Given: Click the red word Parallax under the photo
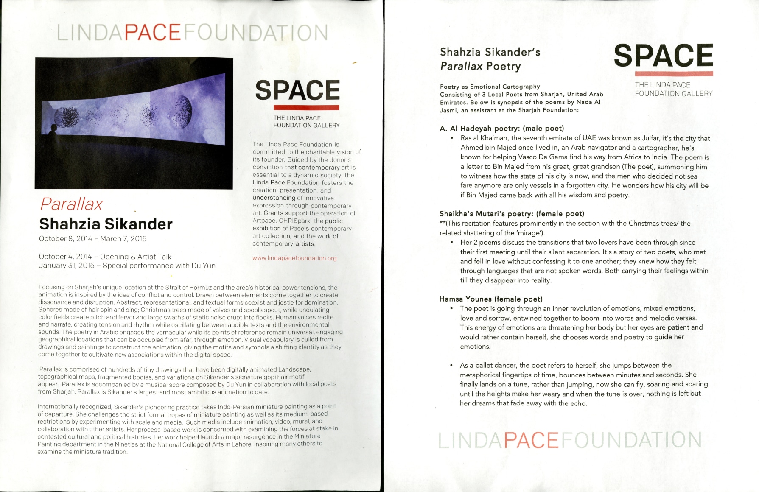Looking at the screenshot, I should click(x=71, y=204).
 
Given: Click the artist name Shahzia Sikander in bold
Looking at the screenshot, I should click(x=106, y=224).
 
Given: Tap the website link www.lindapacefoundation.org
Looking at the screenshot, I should click(x=294, y=258).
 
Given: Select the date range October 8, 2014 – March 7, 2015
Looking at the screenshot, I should click(x=92, y=238).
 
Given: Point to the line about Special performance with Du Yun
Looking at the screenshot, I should click(x=127, y=266).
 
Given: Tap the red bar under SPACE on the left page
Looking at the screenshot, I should click(x=306, y=107).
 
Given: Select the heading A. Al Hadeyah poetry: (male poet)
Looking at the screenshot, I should click(x=501, y=128).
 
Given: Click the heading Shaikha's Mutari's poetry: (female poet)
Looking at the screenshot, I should click(x=512, y=213).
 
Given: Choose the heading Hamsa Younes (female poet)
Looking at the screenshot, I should click(x=491, y=299).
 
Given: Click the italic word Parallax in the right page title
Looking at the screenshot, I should click(x=461, y=66).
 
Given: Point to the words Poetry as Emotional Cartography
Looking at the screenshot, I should click(x=490, y=87).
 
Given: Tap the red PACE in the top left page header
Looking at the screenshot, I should click(x=154, y=33).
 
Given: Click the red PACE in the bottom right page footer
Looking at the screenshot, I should click(x=532, y=440).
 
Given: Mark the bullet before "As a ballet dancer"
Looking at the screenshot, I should click(x=452, y=365).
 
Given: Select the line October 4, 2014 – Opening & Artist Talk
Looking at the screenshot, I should click(x=105, y=257).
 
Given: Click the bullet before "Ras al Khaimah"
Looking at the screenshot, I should click(x=452, y=138).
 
